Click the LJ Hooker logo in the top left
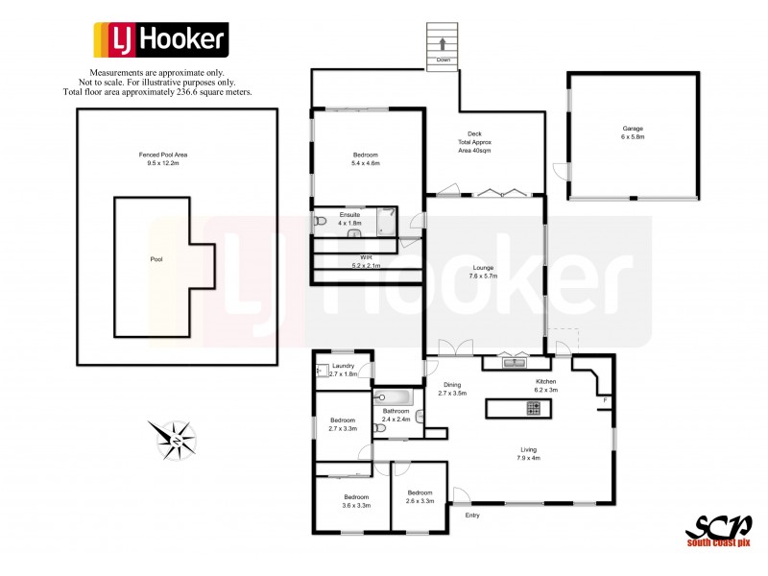(x=160, y=40)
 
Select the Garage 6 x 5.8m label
(x=633, y=132)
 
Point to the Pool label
(x=156, y=259)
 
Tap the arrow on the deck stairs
(x=443, y=43)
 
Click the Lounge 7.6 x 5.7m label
(x=484, y=272)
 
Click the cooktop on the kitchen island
(x=533, y=408)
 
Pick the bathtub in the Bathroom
(x=394, y=397)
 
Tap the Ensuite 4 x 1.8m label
(x=349, y=218)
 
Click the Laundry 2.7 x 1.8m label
(x=344, y=370)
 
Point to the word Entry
(x=472, y=516)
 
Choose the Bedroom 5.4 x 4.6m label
(x=366, y=159)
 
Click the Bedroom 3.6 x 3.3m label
(x=356, y=500)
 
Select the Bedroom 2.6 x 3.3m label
(x=420, y=496)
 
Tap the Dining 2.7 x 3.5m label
(x=451, y=389)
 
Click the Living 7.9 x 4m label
(x=529, y=453)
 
